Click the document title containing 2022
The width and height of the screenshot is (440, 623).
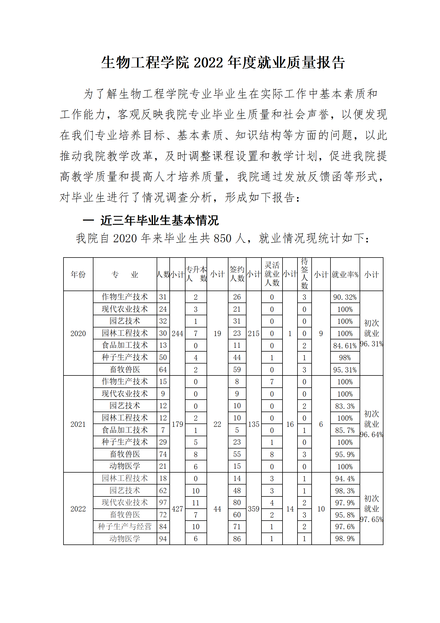point(223,62)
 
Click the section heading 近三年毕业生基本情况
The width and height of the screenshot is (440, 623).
point(159,221)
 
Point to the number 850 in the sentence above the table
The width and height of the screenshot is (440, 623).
point(222,238)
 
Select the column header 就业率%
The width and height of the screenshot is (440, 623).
point(345,274)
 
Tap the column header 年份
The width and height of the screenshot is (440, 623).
point(78,274)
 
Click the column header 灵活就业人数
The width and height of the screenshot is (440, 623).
point(272,274)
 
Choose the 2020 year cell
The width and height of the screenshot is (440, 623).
point(78,333)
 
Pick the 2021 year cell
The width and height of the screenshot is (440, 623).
point(78,424)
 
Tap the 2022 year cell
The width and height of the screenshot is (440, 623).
point(78,509)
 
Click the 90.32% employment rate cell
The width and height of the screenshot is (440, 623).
point(345,297)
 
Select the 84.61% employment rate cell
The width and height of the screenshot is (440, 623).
point(345,346)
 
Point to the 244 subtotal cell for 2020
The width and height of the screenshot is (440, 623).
point(177,333)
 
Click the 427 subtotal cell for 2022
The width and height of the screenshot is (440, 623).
point(177,509)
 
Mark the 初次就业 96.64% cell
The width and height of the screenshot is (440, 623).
point(372,424)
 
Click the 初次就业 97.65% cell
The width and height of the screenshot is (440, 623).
point(372,509)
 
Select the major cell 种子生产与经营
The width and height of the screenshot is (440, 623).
point(125,526)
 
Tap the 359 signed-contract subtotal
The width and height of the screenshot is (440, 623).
point(254,509)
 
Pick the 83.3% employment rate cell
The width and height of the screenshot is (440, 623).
point(345,406)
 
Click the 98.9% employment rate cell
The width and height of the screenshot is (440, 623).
point(345,539)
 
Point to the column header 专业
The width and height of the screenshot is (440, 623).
point(125,274)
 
